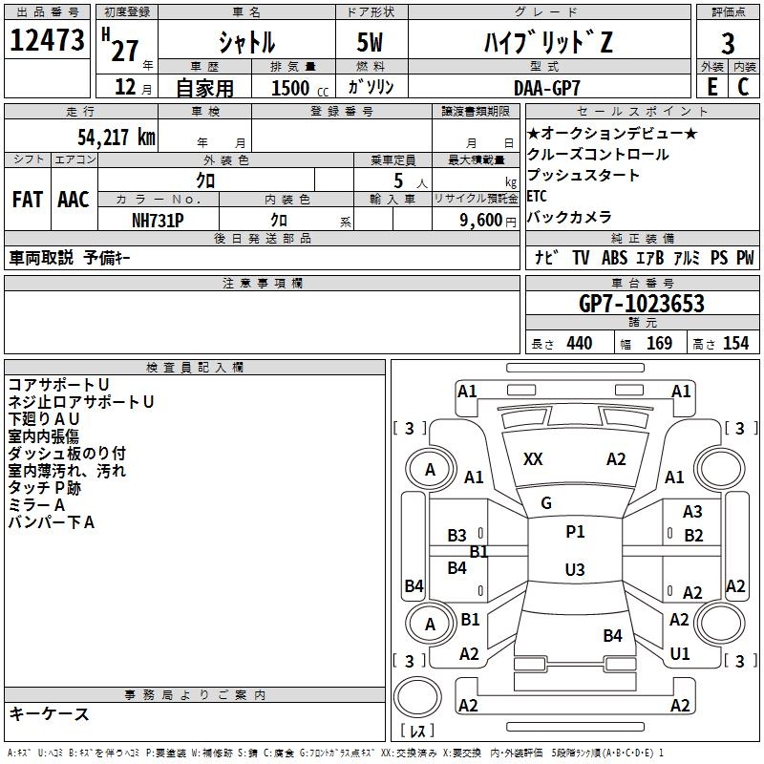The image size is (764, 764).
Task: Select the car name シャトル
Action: click(246, 43)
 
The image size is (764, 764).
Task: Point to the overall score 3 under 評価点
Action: click(728, 43)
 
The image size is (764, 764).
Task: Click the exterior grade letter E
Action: click(711, 86)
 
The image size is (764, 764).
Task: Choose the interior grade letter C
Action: click(743, 86)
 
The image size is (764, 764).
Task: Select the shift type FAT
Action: click(27, 200)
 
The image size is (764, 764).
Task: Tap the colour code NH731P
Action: click(158, 220)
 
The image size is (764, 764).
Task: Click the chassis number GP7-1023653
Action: click(642, 304)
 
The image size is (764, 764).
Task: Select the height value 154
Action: click(735, 344)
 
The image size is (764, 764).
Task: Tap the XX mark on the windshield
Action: click(533, 460)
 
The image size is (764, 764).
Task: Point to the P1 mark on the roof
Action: click(575, 532)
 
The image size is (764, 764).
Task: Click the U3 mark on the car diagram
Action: click(574, 570)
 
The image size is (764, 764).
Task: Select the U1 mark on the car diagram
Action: click(680, 654)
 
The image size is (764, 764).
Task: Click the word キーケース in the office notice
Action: click(49, 714)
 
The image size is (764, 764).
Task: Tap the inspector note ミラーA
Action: click(36, 505)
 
